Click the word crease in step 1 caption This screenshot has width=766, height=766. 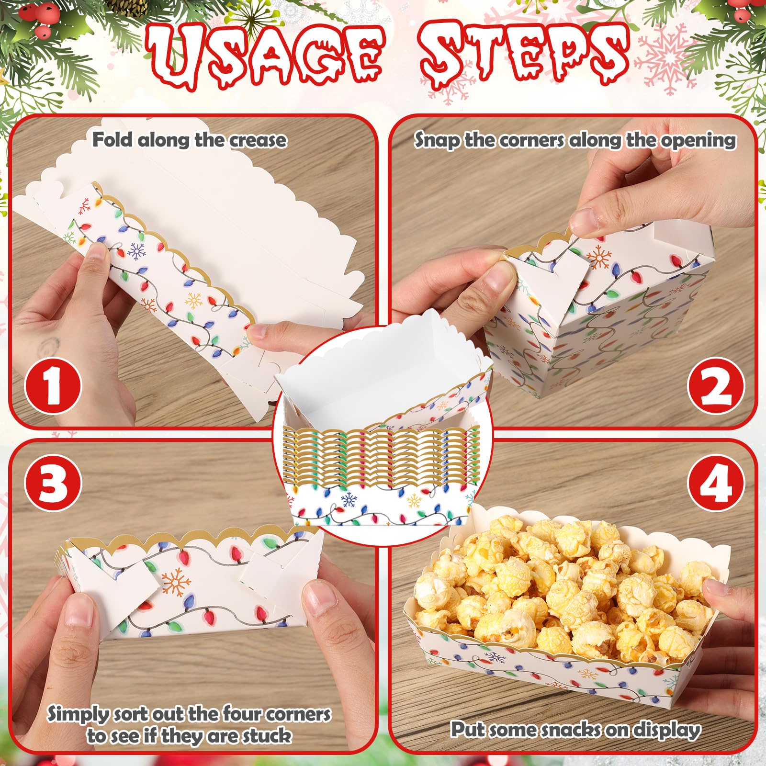click(258, 140)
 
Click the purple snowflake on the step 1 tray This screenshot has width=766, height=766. click(138, 251)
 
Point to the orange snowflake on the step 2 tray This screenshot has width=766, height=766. click(599, 257)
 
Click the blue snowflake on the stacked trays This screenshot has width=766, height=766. click(349, 500)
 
